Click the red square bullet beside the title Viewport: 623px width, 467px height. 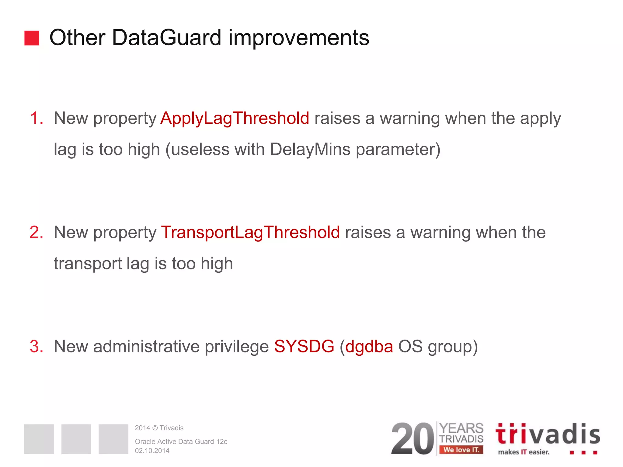[32, 38]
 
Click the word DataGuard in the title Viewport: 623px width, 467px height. [166, 38]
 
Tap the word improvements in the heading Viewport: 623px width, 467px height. [299, 38]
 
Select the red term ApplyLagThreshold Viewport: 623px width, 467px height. [235, 118]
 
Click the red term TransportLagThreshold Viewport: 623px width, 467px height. [250, 232]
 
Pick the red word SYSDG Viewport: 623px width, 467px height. [304, 346]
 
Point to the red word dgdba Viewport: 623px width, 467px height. [369, 346]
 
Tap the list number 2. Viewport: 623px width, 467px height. [36, 232]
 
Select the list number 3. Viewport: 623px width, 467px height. [36, 346]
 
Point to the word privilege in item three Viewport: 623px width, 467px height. [237, 346]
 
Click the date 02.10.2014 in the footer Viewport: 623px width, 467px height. [152, 451]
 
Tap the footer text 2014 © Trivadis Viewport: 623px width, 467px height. [159, 428]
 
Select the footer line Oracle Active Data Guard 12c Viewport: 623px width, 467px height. [181, 441]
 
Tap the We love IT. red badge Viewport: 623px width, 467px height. [461, 450]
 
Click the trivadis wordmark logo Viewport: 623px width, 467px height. [547, 434]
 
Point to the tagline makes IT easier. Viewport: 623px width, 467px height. [524, 452]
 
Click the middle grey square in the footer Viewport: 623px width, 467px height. [76, 439]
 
